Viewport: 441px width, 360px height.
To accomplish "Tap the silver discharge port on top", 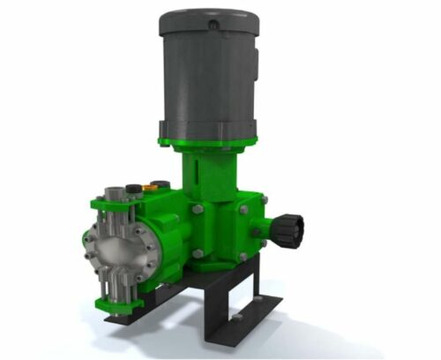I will coord(114,192).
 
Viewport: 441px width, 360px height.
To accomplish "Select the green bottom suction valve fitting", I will coord(119,304).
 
